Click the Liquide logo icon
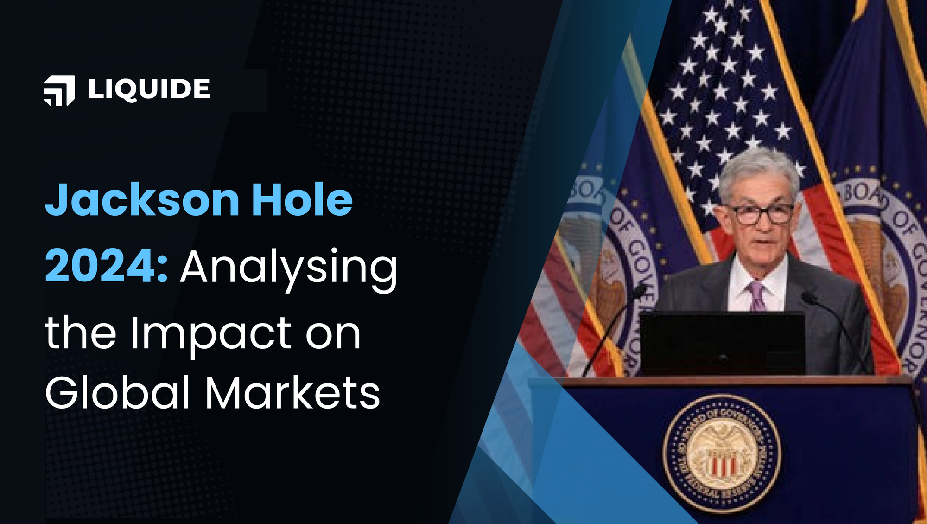[59, 90]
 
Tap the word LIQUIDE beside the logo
[149, 89]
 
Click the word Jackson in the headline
[142, 200]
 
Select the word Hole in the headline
[302, 200]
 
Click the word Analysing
[289, 269]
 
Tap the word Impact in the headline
[211, 334]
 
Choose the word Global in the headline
[118, 393]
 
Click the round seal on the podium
[722, 453]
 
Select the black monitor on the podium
[722, 343]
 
